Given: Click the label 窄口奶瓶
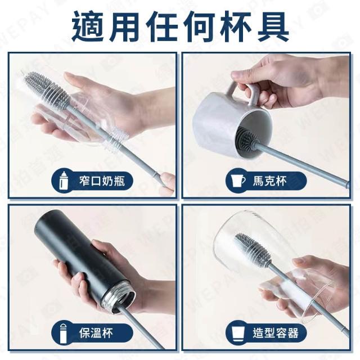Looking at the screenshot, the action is pyautogui.click(x=102, y=181).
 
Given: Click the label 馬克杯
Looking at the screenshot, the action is pyautogui.click(x=270, y=181).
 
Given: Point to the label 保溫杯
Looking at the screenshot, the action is pyautogui.click(x=96, y=332).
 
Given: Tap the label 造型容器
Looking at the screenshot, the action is pyautogui.click(x=276, y=332).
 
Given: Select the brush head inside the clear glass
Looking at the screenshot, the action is pyautogui.click(x=253, y=249).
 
